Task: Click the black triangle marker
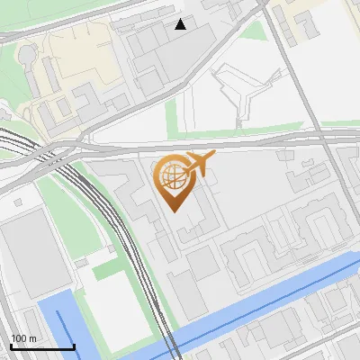pyautogui.click(x=181, y=24)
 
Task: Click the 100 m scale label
pyautogui.click(x=23, y=338)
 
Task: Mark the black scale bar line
pyautogui.click(x=42, y=347)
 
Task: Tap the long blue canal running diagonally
pyautogui.click(x=270, y=301)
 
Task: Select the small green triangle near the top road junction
pyautogui.click(x=256, y=31)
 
